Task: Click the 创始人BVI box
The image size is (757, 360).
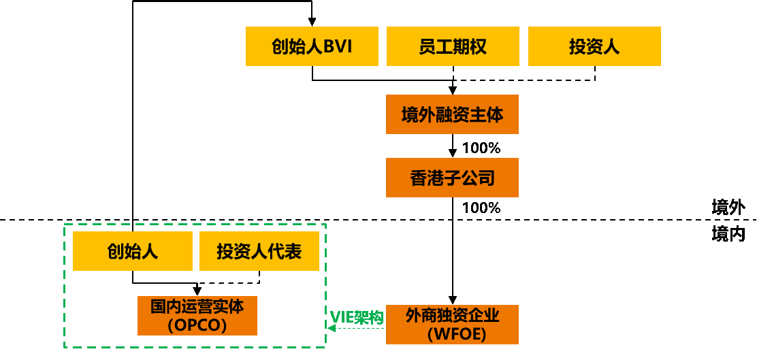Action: [x=312, y=46]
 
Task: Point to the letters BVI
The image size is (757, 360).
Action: [x=338, y=46]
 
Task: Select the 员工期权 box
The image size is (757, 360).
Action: [x=453, y=46]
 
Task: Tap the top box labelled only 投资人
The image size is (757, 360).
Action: [x=594, y=46]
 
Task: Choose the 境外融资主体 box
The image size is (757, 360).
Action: [x=452, y=114]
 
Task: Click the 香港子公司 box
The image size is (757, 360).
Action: [x=452, y=178]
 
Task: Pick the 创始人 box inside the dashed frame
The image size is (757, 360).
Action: [x=133, y=251]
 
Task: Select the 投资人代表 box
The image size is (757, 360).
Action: [x=259, y=251]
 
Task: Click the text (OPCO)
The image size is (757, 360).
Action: [x=197, y=325]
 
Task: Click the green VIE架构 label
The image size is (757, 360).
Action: [x=357, y=317]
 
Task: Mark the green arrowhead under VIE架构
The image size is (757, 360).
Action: [x=332, y=328]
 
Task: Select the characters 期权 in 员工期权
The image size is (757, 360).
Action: [x=470, y=46]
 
